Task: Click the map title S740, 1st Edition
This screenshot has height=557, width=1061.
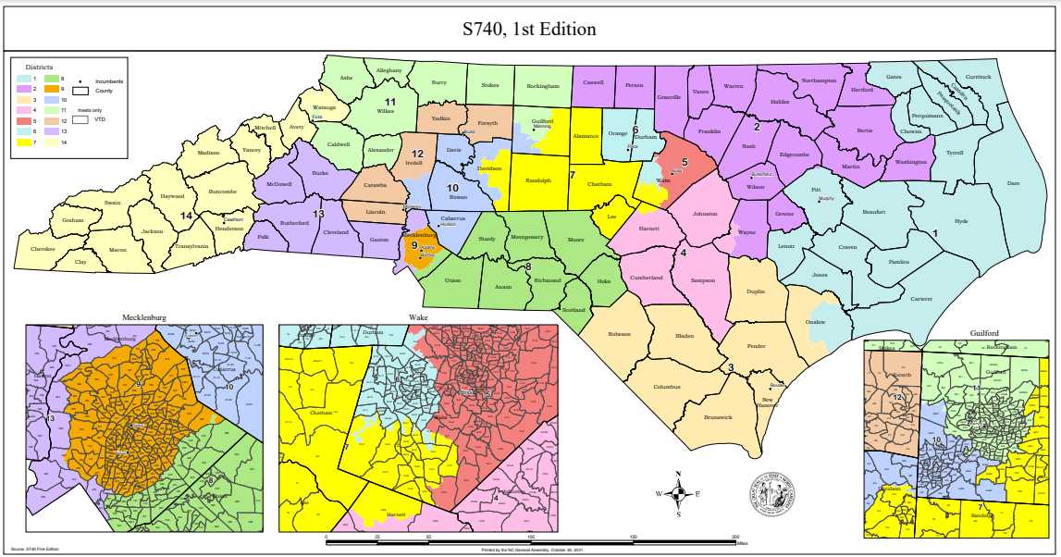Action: coord(529,29)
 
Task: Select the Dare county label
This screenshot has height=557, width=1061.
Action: coord(1013,183)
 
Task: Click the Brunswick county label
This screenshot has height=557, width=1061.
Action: coord(717,417)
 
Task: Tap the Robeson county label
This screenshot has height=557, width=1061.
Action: coord(619,333)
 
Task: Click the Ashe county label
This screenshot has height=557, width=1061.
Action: coord(347,78)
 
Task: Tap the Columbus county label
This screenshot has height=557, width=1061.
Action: coord(666,387)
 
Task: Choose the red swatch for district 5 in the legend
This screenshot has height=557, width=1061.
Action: coord(24,120)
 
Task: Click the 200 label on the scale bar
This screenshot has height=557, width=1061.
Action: coord(735,537)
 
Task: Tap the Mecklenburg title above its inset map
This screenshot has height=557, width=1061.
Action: coord(143,317)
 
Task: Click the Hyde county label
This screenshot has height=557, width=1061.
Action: coord(961,221)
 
